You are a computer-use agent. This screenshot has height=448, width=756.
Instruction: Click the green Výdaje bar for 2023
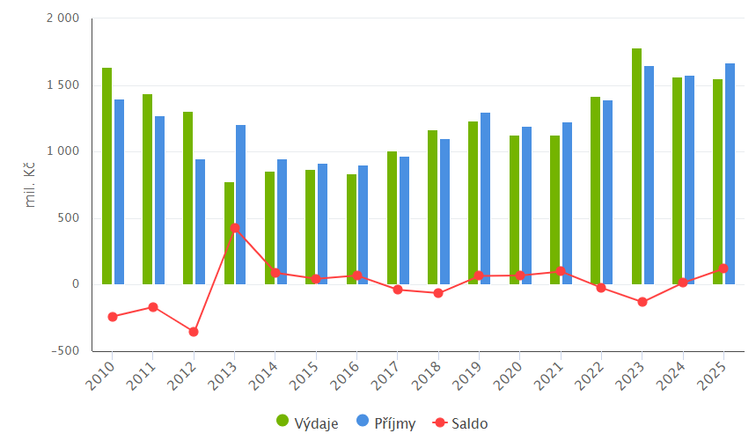point(636,166)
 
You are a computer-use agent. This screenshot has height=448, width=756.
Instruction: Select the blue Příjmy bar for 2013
point(240,204)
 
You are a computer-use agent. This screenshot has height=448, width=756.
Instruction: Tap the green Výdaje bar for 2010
point(106,176)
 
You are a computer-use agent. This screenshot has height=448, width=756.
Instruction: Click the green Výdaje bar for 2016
point(351,229)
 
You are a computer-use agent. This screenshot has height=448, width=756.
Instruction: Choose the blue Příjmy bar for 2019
point(485,198)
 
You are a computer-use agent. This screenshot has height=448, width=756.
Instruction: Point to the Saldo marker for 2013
point(235,228)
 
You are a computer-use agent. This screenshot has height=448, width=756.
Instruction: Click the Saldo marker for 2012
point(194,332)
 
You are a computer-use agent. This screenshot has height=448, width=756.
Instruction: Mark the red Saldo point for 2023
point(642,302)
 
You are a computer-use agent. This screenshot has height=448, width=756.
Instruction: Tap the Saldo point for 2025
point(723,268)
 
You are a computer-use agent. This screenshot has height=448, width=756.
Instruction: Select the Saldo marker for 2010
point(113,317)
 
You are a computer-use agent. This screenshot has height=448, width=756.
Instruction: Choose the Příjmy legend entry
point(386,423)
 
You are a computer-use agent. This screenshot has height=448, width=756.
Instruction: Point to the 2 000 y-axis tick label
point(62,18)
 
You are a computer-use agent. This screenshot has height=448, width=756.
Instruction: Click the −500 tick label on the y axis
point(63,351)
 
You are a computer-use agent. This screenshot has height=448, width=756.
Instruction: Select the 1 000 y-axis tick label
point(62,151)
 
